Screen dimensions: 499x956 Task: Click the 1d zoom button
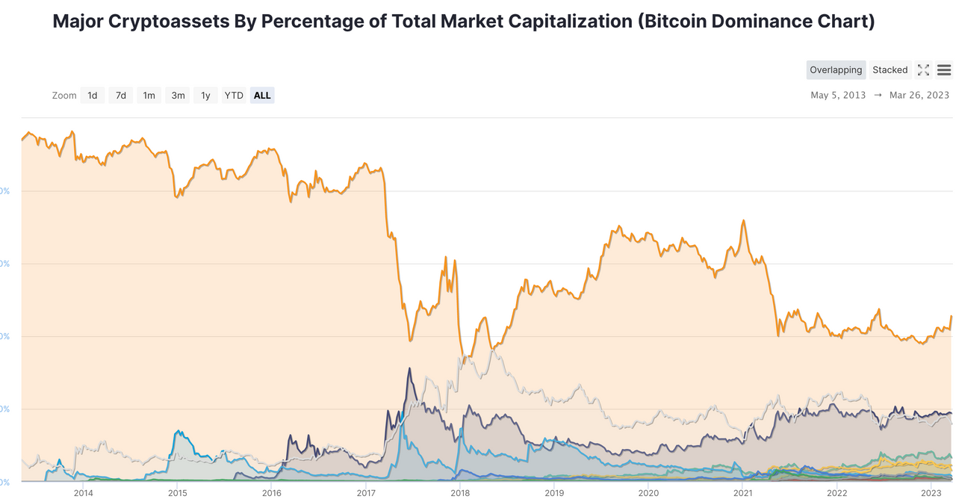click(92, 96)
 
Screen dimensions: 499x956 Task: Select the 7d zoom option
click(120, 96)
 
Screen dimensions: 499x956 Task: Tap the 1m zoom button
click(149, 96)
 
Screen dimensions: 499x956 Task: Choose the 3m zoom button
click(178, 96)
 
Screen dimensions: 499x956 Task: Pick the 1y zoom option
click(205, 96)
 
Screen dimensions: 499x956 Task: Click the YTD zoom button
click(234, 96)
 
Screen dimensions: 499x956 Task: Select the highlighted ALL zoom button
click(262, 96)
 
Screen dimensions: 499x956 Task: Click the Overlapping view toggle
click(836, 70)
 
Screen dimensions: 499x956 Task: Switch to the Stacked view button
click(890, 70)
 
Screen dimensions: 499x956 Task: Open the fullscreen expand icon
click(923, 70)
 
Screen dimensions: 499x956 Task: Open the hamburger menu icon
click(943, 70)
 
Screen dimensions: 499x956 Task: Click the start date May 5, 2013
click(838, 96)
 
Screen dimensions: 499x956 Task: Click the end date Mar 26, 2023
click(919, 96)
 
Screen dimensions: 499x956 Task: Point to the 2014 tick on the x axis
click(83, 492)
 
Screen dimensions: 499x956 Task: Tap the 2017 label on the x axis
click(366, 492)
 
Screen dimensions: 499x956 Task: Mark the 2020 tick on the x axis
click(648, 492)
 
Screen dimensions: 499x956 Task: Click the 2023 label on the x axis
click(931, 492)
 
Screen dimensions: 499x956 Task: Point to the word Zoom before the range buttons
click(64, 96)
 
